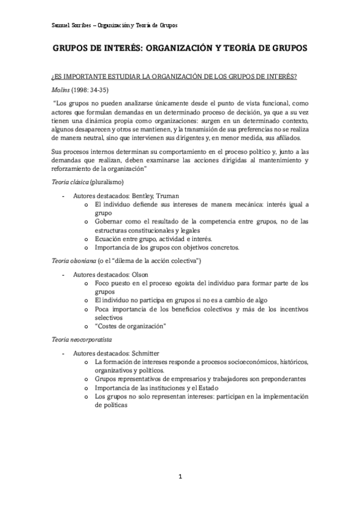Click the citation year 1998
pyautogui.click(x=84, y=88)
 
